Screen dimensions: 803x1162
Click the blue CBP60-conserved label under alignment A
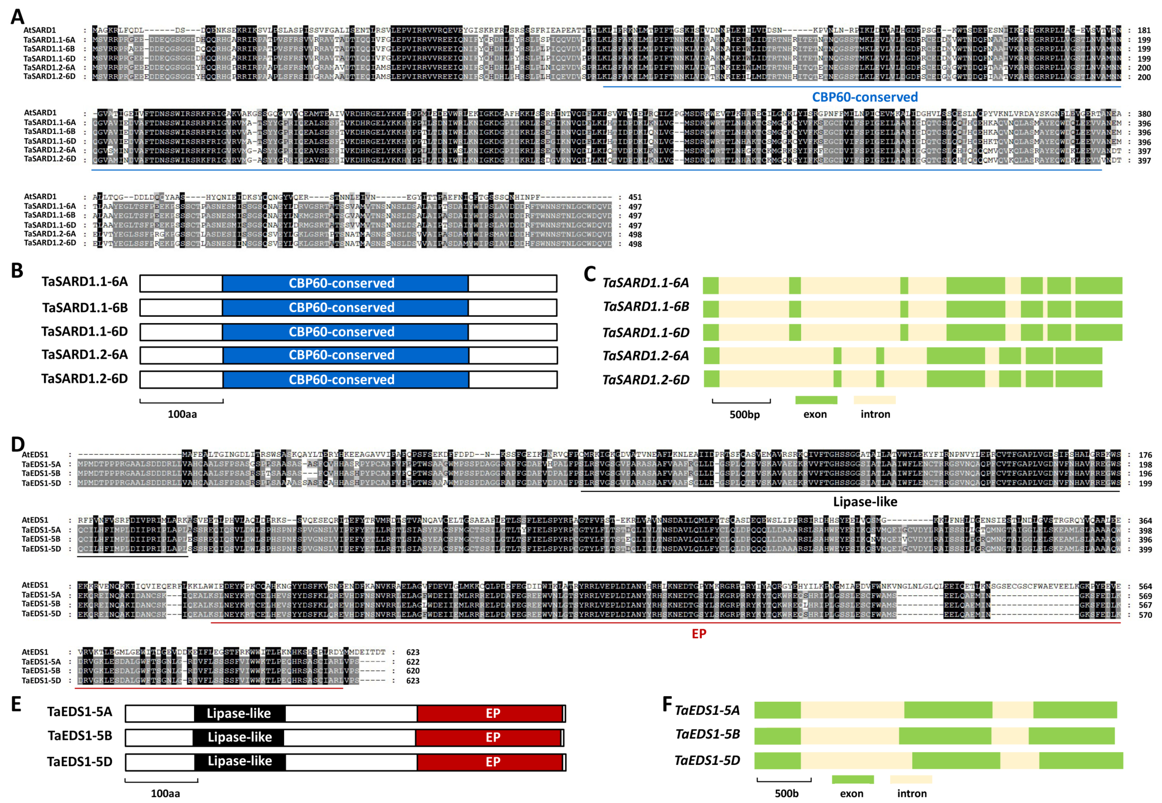pyautogui.click(x=864, y=97)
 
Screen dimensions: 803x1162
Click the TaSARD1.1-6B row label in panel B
pyautogui.click(x=84, y=307)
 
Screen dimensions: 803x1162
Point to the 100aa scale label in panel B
pyautogui.click(x=182, y=414)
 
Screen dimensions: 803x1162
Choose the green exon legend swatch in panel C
pyautogui.click(x=816, y=400)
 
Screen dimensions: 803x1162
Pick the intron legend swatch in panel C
pyautogui.click(x=874, y=400)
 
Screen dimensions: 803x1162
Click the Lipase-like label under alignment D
pyautogui.click(x=864, y=502)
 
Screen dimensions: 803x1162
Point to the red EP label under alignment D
pyautogui.click(x=699, y=633)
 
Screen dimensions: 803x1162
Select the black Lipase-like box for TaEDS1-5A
pyautogui.click(x=239, y=714)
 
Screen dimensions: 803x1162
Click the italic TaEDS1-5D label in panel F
pyautogui.click(x=707, y=760)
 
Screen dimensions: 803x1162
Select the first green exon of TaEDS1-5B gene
pyautogui.click(x=777, y=735)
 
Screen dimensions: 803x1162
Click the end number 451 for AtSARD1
pyautogui.click(x=635, y=197)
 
